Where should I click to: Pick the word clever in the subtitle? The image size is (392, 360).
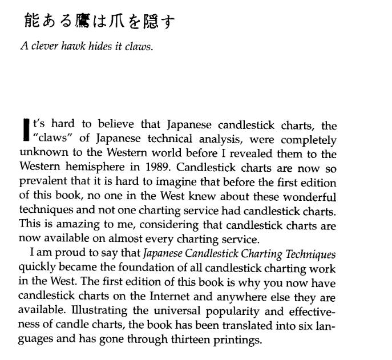click(x=42, y=47)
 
